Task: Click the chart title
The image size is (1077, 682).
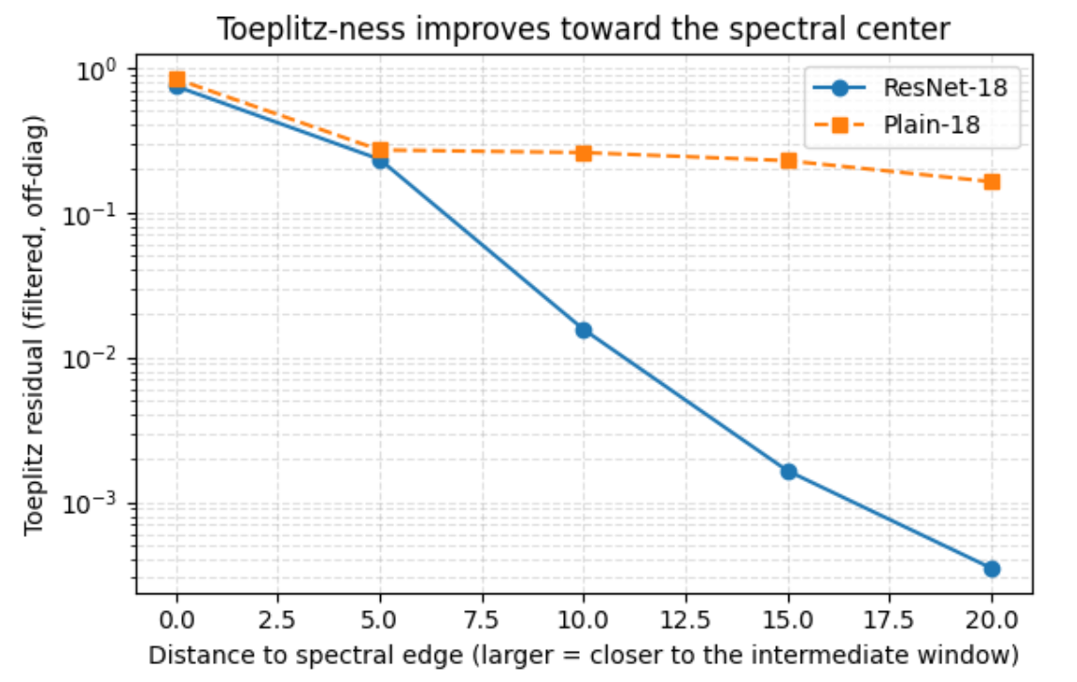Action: [x=584, y=28]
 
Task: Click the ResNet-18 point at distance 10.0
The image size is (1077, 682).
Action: [x=584, y=330]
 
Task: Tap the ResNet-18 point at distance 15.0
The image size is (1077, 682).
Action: [x=788, y=472]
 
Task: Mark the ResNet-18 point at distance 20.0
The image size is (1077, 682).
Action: [x=992, y=569]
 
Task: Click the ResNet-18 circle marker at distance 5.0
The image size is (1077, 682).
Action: [x=380, y=160]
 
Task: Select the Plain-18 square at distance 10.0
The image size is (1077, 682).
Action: [x=584, y=153]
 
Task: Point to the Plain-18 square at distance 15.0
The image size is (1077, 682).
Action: [x=788, y=160]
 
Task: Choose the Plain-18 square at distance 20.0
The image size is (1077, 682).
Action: [x=992, y=181]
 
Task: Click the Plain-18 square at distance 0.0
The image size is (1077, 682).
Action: [x=176, y=79]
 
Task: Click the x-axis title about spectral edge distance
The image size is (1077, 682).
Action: [x=584, y=654]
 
